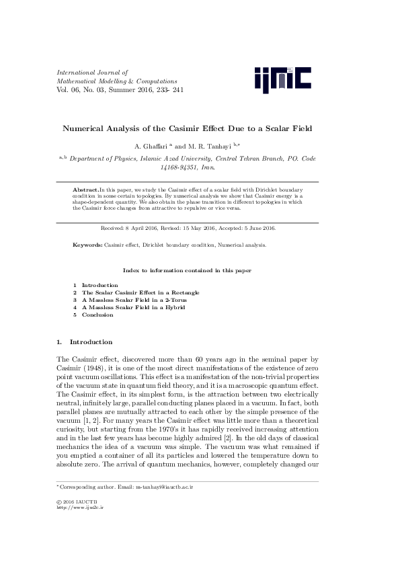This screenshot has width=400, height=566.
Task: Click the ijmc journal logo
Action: (x=282, y=80)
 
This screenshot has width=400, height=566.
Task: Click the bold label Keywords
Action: (x=87, y=245)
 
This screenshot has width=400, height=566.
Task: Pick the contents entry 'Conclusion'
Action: (x=97, y=315)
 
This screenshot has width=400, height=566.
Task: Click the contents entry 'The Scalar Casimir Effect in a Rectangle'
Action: (x=141, y=292)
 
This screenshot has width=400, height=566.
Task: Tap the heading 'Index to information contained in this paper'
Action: (x=187, y=270)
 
